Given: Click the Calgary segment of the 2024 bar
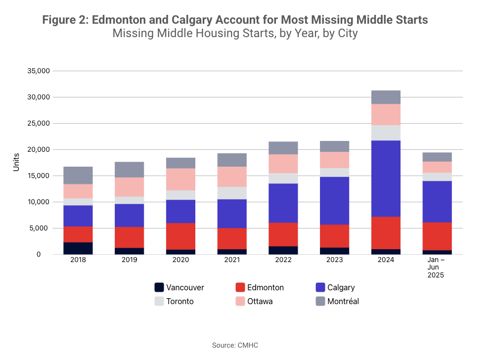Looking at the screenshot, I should pyautogui.click(x=386, y=179).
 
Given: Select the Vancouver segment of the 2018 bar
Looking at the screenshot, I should pyautogui.click(x=78, y=248).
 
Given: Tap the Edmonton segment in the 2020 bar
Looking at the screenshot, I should pyautogui.click(x=181, y=236).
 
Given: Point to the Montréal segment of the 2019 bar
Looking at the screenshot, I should pyautogui.click(x=130, y=170).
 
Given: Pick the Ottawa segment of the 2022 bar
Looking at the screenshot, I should pyautogui.click(x=283, y=164).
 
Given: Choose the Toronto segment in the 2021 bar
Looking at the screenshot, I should pyautogui.click(x=232, y=193).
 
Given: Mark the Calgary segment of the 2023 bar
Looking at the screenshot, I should pyautogui.click(x=335, y=200).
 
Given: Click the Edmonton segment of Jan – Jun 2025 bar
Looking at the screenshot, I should pyautogui.click(x=437, y=236).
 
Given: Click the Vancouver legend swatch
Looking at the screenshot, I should pyautogui.click(x=159, y=287).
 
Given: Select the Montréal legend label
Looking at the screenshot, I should pyautogui.click(x=343, y=301).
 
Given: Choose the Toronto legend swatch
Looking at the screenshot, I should pyautogui.click(x=159, y=301).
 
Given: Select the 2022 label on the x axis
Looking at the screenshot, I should pyautogui.click(x=283, y=260).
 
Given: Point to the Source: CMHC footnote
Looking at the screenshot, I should pyautogui.click(x=235, y=345).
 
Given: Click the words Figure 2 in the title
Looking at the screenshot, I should pyautogui.click(x=65, y=20).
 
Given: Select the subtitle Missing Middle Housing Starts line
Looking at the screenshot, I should pyautogui.click(x=235, y=34).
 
